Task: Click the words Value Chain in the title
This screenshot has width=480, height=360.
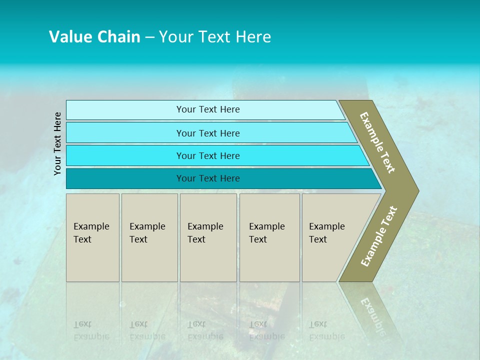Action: click(x=94, y=37)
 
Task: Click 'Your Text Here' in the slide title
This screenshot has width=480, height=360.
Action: click(x=215, y=37)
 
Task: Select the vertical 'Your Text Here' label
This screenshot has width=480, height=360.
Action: click(x=57, y=143)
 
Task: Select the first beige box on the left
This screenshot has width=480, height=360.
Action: click(x=92, y=237)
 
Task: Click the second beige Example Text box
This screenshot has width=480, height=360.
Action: click(x=149, y=237)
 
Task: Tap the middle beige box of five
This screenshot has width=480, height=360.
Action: click(x=208, y=237)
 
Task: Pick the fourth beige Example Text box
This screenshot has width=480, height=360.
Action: click(x=269, y=237)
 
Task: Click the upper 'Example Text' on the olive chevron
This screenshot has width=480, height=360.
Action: click(x=377, y=142)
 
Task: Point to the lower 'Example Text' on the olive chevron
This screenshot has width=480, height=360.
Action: click(x=378, y=236)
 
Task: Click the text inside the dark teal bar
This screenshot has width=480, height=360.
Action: click(x=208, y=178)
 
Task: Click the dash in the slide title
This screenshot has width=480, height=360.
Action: click(x=149, y=37)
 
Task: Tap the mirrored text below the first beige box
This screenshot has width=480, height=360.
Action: click(x=91, y=330)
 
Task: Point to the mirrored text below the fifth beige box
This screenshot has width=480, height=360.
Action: click(x=326, y=330)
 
